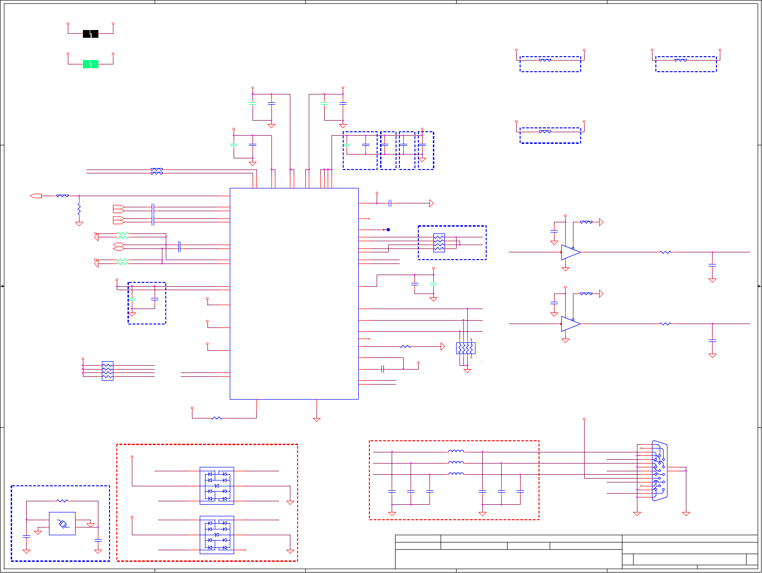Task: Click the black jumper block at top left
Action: [91, 33]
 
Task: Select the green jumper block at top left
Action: [91, 64]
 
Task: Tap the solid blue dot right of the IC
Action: [388, 230]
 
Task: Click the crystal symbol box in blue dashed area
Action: [62, 524]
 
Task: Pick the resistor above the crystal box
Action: [62, 501]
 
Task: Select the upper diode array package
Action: [217, 486]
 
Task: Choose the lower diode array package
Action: [217, 535]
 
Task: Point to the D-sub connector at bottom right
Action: [659, 470]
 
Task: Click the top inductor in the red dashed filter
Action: [456, 451]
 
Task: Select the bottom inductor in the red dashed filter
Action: [456, 474]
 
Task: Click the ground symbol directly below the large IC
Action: [317, 419]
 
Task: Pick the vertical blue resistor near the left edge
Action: [79, 210]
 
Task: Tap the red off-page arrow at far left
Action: [36, 196]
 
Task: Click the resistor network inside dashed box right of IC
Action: [439, 243]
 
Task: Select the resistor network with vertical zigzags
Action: [465, 348]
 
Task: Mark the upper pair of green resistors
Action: [123, 235]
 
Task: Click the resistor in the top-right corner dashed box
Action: [681, 60]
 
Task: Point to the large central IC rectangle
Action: [294, 294]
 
